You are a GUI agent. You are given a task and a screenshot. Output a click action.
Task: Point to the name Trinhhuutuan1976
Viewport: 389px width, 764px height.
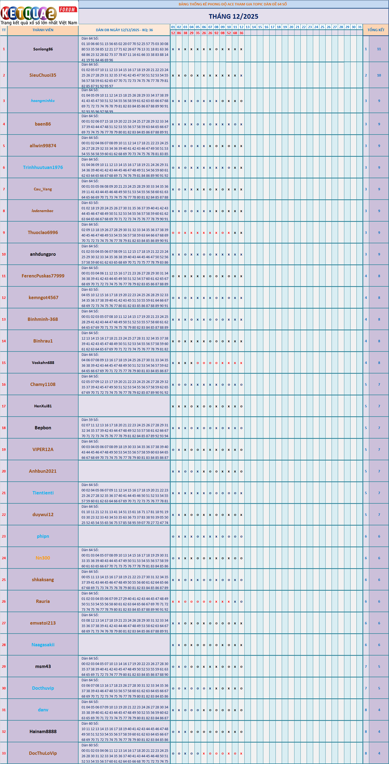[x=43, y=168]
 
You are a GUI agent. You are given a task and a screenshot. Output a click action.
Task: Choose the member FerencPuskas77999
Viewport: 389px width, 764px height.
[x=43, y=276]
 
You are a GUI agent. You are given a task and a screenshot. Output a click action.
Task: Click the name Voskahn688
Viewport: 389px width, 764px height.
[x=43, y=363]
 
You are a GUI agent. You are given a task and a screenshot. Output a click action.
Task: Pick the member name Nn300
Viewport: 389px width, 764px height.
[x=43, y=558]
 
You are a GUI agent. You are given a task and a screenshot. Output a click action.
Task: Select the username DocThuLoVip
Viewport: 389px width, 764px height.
[x=43, y=753]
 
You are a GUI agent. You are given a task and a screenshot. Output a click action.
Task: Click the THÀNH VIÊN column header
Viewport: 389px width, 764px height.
[x=43, y=30]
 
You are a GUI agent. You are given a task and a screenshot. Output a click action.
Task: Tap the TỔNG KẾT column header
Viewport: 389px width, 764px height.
[x=376, y=30]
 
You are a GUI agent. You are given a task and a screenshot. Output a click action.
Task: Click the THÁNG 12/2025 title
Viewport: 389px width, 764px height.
[x=234, y=17]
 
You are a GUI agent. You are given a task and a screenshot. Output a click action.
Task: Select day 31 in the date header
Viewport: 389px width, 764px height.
[x=360, y=27]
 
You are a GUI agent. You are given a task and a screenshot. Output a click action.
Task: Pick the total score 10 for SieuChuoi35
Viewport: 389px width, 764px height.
[x=379, y=75]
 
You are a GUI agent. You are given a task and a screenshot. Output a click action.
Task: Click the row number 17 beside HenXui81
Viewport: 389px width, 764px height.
[x=4, y=406]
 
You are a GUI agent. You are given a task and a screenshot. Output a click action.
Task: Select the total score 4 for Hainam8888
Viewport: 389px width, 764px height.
[x=379, y=731]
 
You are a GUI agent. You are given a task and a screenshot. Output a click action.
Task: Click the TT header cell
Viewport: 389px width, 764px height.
[x=4, y=30]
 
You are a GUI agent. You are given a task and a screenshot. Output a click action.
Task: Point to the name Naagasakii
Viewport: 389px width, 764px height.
[x=43, y=645]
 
